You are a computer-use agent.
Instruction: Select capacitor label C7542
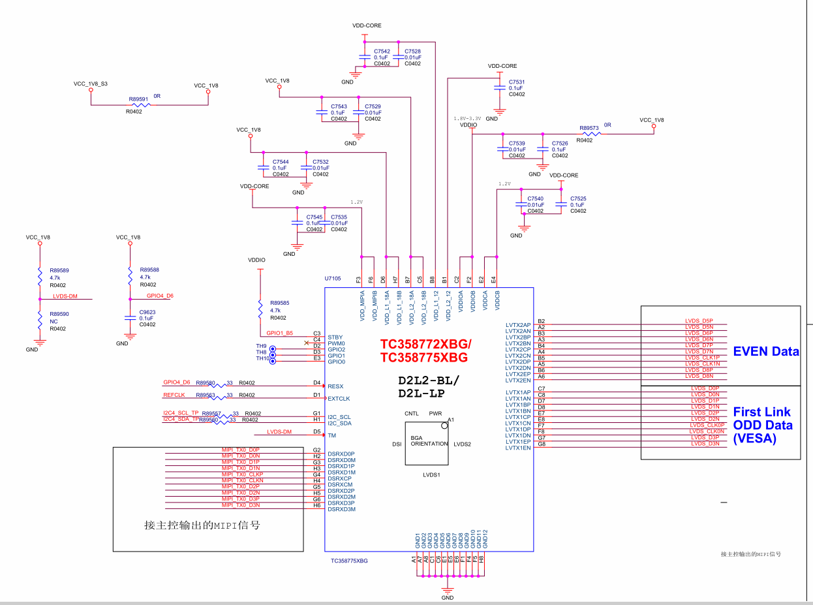[x=382, y=51]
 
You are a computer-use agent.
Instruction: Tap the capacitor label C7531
[x=517, y=82]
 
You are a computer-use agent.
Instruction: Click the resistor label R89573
[x=589, y=129]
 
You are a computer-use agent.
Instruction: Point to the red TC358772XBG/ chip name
[x=425, y=344]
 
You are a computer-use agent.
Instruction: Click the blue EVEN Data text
[x=766, y=352]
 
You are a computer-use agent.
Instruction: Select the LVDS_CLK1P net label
[x=702, y=358]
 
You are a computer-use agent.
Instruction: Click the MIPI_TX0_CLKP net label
[x=242, y=474]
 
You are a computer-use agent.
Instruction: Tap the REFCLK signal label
[x=174, y=395]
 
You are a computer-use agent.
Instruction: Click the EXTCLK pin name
[x=339, y=398]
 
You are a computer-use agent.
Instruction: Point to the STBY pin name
[x=335, y=337]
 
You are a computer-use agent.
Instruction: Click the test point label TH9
[x=261, y=346]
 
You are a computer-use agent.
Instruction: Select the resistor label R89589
[x=59, y=270]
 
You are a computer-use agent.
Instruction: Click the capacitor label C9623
[x=147, y=312]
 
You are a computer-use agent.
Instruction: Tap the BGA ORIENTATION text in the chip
[x=429, y=441]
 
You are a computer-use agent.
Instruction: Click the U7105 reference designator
[x=332, y=278]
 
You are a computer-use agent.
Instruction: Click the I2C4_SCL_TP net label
[x=181, y=413]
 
